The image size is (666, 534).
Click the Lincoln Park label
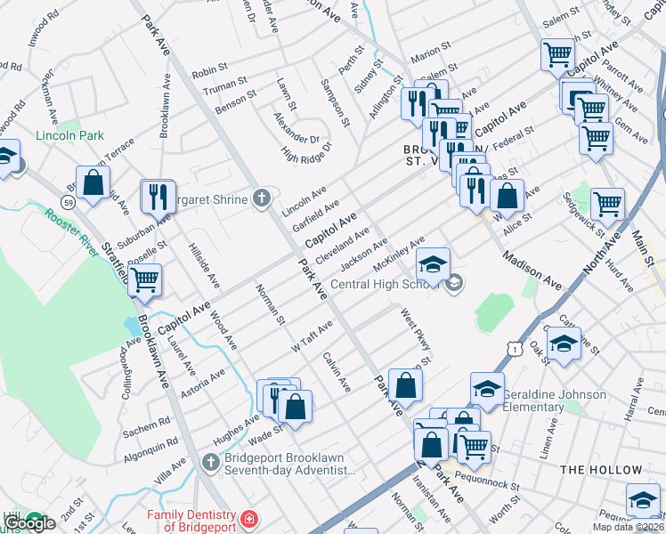(70, 136)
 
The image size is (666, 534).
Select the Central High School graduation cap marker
(433, 265)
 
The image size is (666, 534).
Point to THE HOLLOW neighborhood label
(601, 470)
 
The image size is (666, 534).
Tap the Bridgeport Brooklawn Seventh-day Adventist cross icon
(210, 462)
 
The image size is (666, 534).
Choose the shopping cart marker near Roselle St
(144, 279)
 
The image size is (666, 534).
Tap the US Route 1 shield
(515, 350)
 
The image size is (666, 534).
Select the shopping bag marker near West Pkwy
(405, 386)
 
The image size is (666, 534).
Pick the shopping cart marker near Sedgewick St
(607, 203)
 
